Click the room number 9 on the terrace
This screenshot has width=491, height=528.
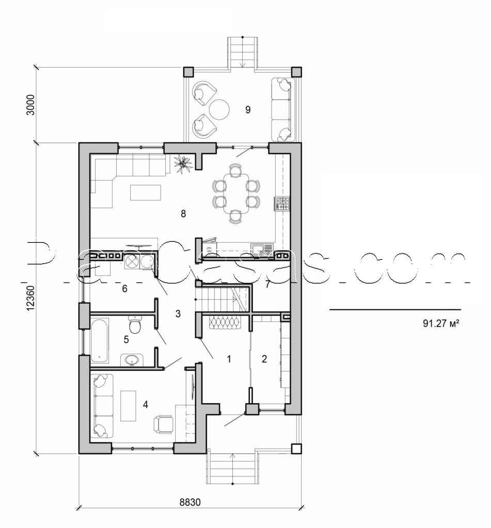248,109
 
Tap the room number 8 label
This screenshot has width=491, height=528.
183,213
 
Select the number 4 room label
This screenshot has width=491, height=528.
146,404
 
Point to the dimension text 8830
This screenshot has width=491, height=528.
190,502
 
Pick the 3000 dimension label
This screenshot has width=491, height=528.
30,105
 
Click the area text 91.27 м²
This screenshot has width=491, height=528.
441,324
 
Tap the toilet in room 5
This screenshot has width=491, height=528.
135,324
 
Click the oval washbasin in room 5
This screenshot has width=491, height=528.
132,360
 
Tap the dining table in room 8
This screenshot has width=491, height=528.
235,193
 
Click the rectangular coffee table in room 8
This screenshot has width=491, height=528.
146,192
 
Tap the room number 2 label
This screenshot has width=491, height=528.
264,359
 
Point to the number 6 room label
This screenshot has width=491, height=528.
125,289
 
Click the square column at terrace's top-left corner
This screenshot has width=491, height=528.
188,72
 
